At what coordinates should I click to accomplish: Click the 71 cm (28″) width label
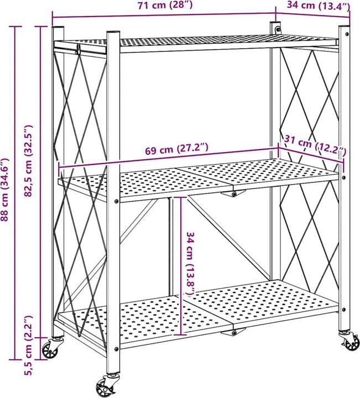tap(165, 5)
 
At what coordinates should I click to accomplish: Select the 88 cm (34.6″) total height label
tap(5, 190)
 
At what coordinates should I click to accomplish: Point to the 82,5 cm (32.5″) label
tap(28, 161)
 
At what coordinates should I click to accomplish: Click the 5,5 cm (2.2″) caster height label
tap(28, 345)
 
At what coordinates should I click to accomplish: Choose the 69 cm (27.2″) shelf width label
tap(177, 149)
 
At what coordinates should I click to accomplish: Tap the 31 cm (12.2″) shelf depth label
tap(315, 145)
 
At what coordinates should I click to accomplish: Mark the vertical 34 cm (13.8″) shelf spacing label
tap(192, 263)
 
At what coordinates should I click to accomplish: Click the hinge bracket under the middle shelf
tap(233, 194)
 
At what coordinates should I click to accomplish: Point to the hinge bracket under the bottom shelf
tap(233, 332)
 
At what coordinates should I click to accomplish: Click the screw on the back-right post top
tap(279, 29)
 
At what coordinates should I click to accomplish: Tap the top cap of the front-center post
tap(113, 32)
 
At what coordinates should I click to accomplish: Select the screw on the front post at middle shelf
tap(116, 202)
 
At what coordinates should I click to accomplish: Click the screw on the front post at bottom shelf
tap(116, 349)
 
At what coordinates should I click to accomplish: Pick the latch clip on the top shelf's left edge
tap(79, 49)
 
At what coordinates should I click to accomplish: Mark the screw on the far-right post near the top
tap(347, 33)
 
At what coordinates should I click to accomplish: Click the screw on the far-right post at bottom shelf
tap(344, 310)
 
